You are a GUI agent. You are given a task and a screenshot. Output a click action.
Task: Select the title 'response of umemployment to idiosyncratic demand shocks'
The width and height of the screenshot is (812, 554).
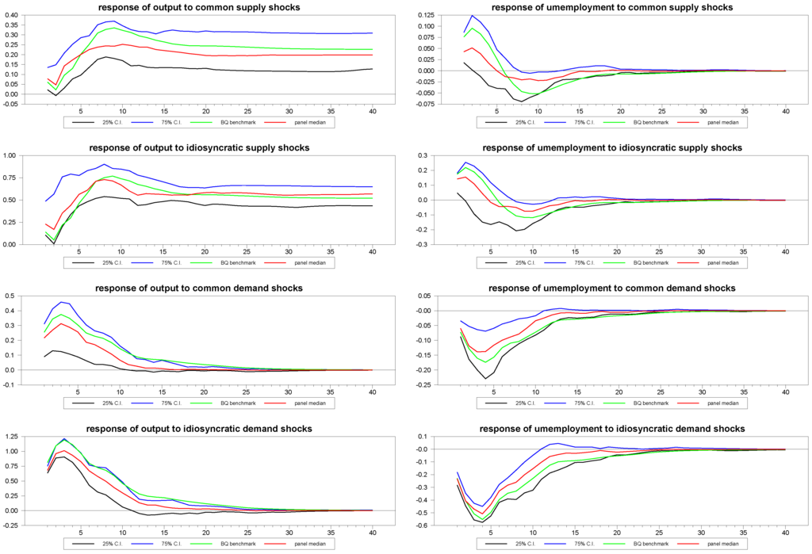tap(612, 429)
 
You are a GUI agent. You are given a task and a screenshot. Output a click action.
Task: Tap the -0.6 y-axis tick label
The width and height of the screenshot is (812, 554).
tap(423, 525)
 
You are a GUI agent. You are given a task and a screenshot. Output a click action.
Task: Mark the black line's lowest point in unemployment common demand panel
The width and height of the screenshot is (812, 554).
tap(486, 379)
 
